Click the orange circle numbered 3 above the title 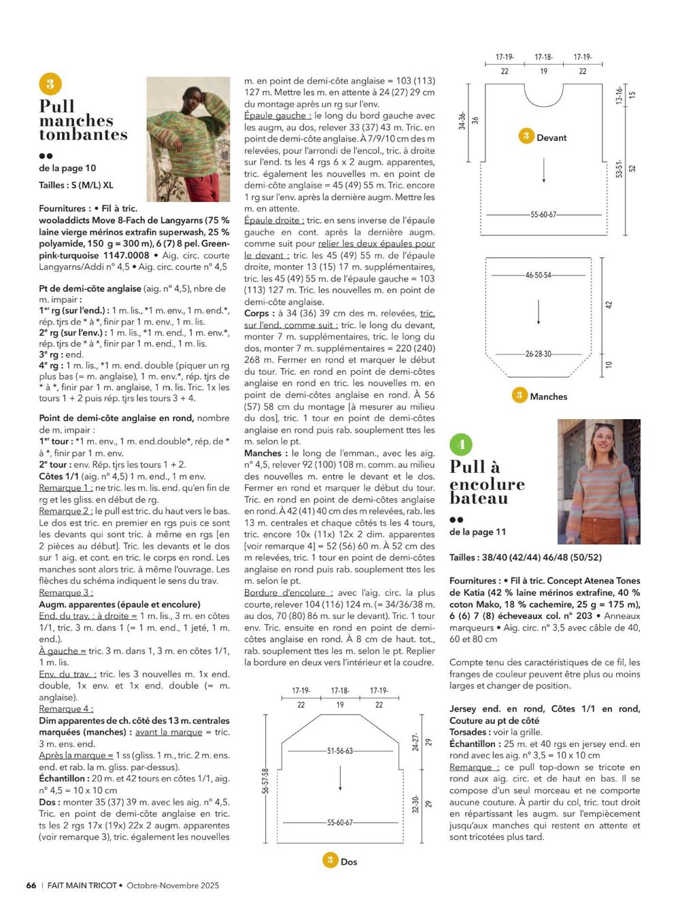pyautogui.click(x=50, y=84)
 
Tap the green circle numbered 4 pyautogui.click(x=461, y=445)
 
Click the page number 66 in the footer pyautogui.click(x=31, y=885)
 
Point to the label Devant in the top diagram pyautogui.click(x=551, y=137)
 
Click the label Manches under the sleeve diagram pyautogui.click(x=548, y=397)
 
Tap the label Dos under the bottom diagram pyautogui.click(x=349, y=862)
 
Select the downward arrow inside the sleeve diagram pyautogui.click(x=539, y=312)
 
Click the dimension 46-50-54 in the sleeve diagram pyautogui.click(x=538, y=275)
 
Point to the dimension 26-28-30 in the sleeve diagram pyautogui.click(x=538, y=354)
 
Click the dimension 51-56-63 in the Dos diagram pyautogui.click(x=340, y=751)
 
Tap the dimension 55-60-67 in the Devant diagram pyautogui.click(x=543, y=215)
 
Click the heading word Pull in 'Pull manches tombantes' pyautogui.click(x=57, y=106)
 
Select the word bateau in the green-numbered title pyautogui.click(x=478, y=499)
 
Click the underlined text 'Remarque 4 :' pyautogui.click(x=66, y=709)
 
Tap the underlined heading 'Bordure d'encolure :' pyautogui.click(x=288, y=593)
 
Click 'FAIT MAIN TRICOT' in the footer pyautogui.click(x=82, y=885)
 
